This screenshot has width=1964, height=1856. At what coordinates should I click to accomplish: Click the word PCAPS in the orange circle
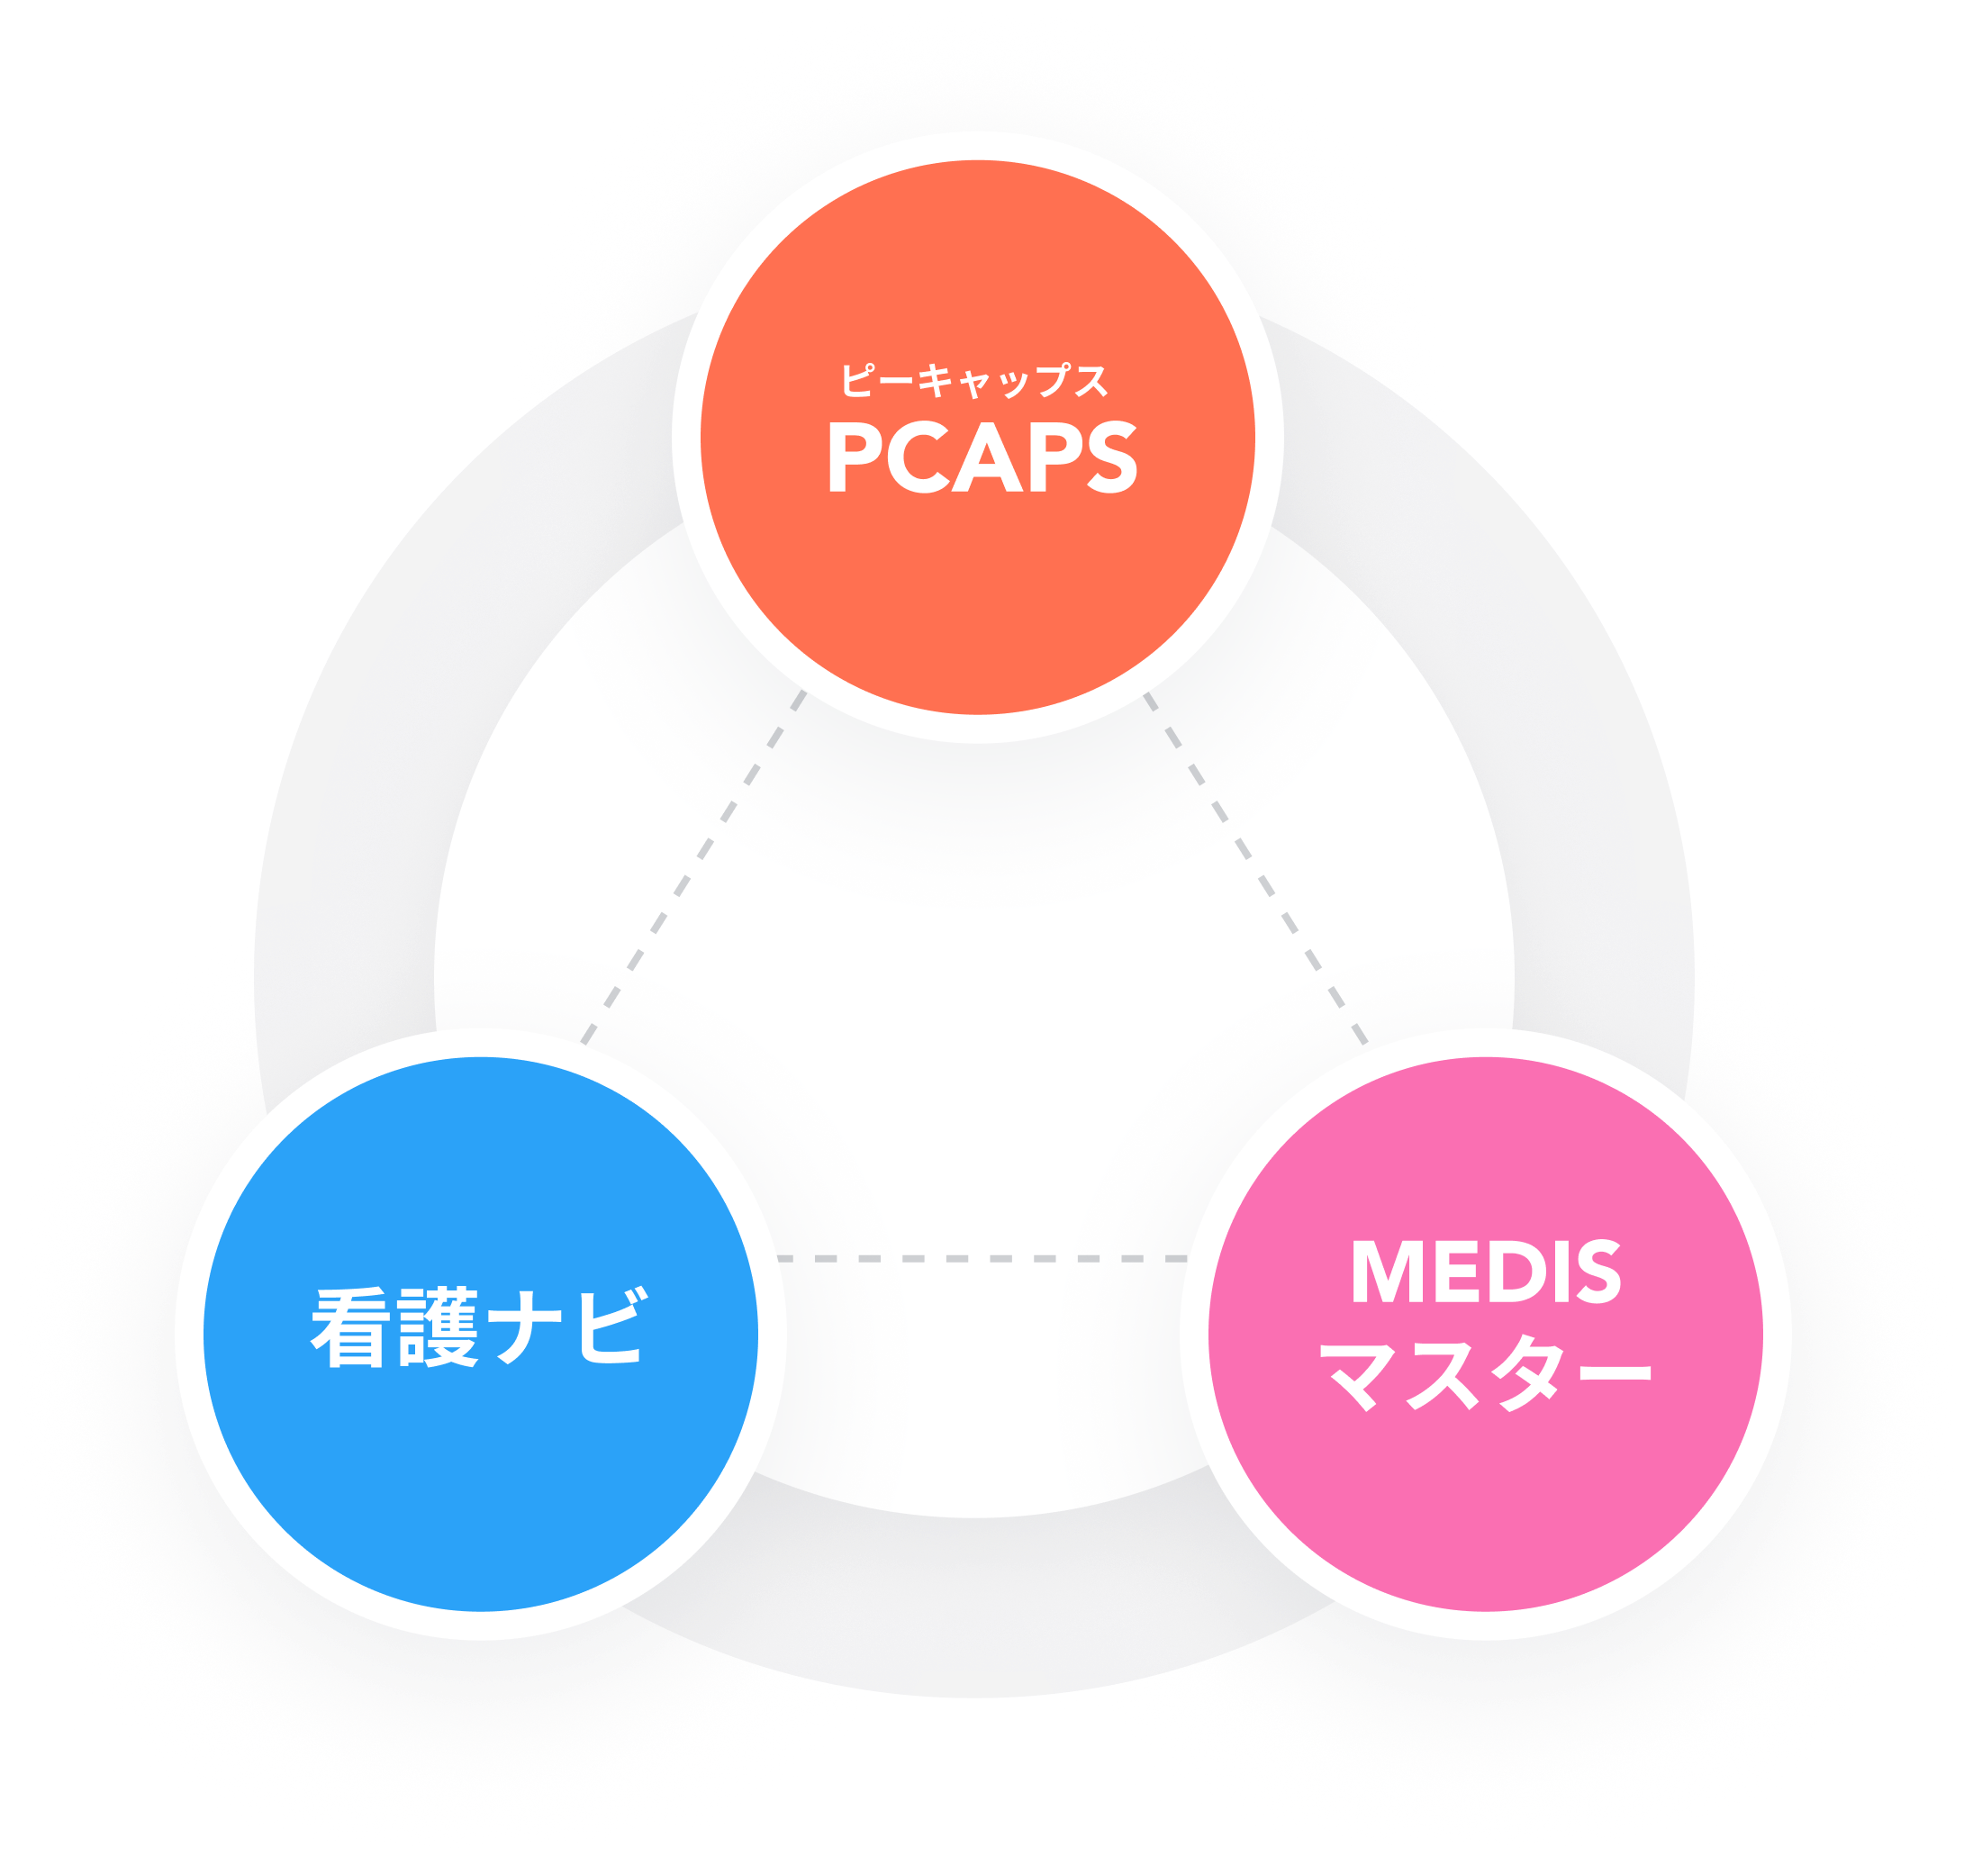pyautogui.click(x=982, y=458)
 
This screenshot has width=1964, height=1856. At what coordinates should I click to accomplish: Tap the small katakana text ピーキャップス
pyautogui.click(x=974, y=381)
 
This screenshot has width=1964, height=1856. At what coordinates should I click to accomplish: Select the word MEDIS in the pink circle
pyautogui.click(x=1485, y=1272)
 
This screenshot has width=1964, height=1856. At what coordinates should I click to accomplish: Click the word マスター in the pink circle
pyautogui.click(x=1487, y=1372)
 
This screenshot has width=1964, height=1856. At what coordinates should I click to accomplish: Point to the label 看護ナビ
pyautogui.click(x=480, y=1327)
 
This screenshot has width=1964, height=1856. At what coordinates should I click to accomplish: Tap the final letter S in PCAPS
pyautogui.click(x=1111, y=458)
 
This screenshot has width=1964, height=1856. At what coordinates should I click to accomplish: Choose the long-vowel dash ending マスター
pyautogui.click(x=1611, y=1372)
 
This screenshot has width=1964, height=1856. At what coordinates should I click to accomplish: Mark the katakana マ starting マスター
pyautogui.click(x=1362, y=1373)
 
